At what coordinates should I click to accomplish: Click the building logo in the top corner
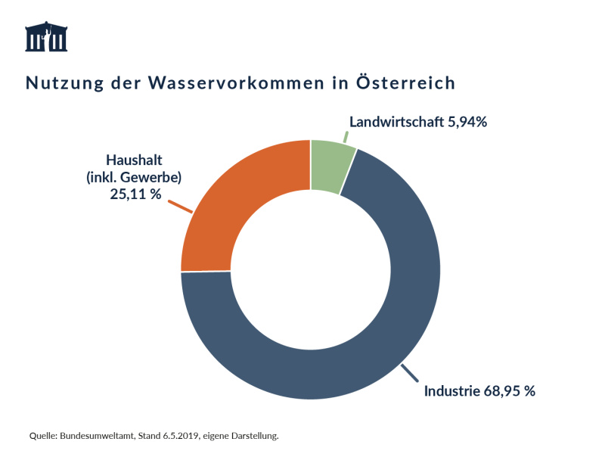click(x=46, y=37)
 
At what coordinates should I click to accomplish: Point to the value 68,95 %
click(x=510, y=391)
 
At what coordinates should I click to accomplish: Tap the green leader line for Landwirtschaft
click(x=346, y=137)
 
